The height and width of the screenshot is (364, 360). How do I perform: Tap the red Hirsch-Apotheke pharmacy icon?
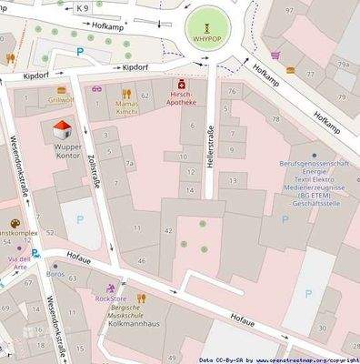[181, 83]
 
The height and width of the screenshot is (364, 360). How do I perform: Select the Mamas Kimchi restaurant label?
[125, 106]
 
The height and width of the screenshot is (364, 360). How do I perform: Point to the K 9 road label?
[84, 8]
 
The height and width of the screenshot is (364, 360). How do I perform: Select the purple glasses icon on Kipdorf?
[97, 90]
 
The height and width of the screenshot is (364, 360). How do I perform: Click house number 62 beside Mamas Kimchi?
[145, 96]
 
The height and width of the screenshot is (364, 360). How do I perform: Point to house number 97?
[291, 10]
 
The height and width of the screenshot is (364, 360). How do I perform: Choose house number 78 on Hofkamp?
[275, 119]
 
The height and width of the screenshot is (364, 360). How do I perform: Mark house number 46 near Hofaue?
[140, 261]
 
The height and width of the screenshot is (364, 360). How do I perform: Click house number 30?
[322, 329]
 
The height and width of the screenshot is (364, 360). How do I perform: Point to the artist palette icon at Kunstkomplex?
[15, 224]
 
